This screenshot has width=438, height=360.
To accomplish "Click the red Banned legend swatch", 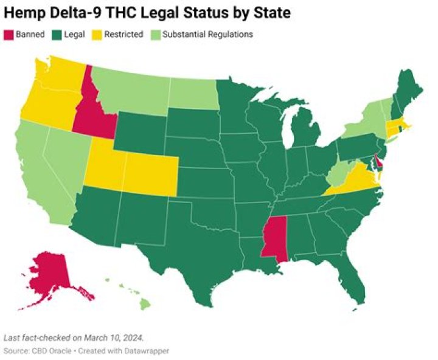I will point(10,35).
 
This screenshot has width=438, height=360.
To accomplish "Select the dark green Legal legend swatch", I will point(58,35).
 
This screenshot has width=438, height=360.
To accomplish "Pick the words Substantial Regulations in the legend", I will point(216,35).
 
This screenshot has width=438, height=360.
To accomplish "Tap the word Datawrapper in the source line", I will point(146,351).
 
